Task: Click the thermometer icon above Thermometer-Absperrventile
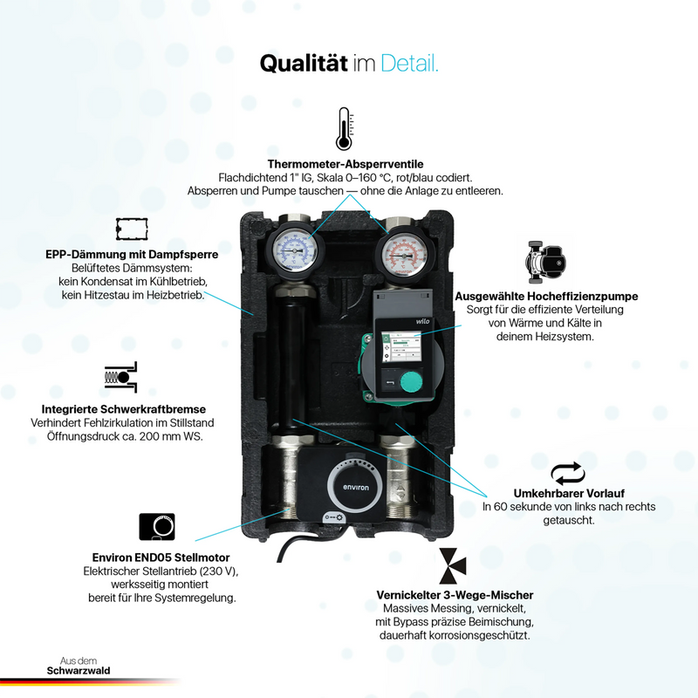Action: coord(344,128)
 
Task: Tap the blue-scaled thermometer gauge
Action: coord(294,251)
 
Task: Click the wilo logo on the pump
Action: coord(422,321)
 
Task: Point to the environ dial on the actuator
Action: coord(356,488)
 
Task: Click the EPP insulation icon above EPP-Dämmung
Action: coord(132,229)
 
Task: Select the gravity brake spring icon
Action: coord(120,377)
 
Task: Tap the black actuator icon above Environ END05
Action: coord(157,527)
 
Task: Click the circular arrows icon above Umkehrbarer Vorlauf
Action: coord(568,473)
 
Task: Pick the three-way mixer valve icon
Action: coord(453,565)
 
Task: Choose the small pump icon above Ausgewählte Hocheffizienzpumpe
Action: coord(545,263)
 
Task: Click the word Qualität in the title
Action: coord(304,63)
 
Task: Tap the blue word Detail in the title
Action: coord(409,63)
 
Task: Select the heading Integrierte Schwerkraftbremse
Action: coord(124,409)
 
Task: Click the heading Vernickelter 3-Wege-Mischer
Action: coord(455,595)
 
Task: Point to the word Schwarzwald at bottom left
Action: coord(79,671)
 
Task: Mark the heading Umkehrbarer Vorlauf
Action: coord(569,493)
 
